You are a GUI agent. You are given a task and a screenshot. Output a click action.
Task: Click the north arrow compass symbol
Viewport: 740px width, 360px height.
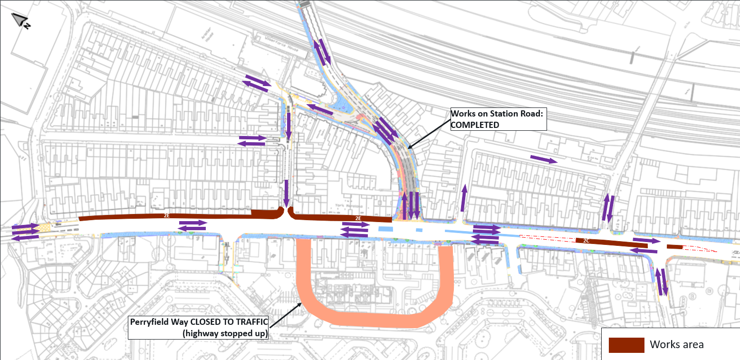click(x=20, y=20)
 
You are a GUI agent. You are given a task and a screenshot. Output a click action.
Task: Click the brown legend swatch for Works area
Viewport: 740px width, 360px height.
click(x=626, y=345)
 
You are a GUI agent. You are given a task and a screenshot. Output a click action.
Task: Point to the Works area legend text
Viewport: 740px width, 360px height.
click(x=676, y=345)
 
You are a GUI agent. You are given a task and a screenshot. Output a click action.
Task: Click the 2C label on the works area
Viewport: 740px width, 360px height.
click(x=586, y=241)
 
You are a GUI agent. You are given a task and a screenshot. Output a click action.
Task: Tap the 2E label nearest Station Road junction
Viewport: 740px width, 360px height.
click(x=358, y=218)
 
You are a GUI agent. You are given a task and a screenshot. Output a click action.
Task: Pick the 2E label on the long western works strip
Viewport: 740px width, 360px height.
click(x=166, y=216)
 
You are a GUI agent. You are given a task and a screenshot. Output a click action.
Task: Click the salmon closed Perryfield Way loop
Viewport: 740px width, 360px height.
click(x=375, y=319)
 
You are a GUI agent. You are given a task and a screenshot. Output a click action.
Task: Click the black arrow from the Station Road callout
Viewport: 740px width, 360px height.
click(x=428, y=133)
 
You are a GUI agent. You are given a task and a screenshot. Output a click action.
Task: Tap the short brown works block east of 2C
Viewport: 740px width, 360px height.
click(x=674, y=247)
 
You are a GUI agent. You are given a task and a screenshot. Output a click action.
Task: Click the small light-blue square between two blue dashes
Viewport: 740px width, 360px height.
click(x=419, y=230)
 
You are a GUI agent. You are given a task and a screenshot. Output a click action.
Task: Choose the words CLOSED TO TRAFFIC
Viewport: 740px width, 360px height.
click(x=228, y=322)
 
